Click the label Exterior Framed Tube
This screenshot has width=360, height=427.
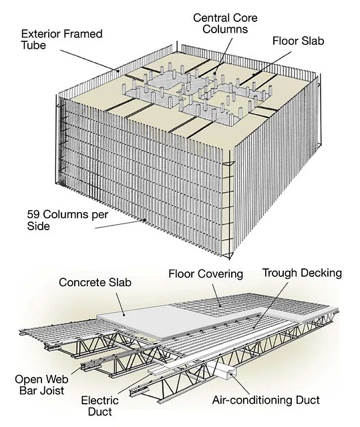pyautogui.click(x=61, y=39)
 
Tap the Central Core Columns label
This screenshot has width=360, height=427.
pyautogui.click(x=225, y=23)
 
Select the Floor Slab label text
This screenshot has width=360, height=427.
pyautogui.click(x=298, y=41)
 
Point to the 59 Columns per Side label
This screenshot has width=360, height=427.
pyautogui.click(x=67, y=220)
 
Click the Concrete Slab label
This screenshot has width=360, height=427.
pyautogui.click(x=95, y=282)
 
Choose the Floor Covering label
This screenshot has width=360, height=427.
pyautogui.click(x=206, y=274)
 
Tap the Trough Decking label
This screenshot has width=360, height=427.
pyautogui.click(x=302, y=273)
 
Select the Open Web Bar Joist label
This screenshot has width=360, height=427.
pyautogui.click(x=41, y=385)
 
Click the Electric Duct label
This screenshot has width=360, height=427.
pyautogui.click(x=100, y=406)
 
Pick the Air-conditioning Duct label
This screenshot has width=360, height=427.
pyautogui.click(x=266, y=400)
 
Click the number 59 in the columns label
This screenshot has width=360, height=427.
pyautogui.click(x=33, y=214)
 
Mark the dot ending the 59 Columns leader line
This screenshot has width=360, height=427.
pyautogui.click(x=145, y=220)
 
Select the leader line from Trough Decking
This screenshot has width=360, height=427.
pyautogui.click(x=271, y=304)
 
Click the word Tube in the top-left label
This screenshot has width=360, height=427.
pyautogui.click(x=33, y=45)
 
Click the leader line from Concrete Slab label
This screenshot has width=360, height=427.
pyautogui.click(x=120, y=304)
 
